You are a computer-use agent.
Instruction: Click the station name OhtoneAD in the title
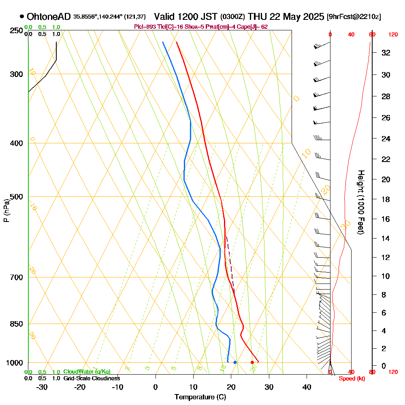49,17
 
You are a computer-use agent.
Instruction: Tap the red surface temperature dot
252,362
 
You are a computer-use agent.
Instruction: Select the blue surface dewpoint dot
235,362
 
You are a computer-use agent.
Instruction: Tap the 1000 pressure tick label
14,363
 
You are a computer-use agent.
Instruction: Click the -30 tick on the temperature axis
42,386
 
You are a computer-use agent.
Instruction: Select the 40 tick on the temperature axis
307,386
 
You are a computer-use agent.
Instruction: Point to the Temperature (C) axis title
200,397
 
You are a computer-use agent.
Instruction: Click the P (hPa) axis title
6,210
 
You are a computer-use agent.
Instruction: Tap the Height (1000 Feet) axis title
360,202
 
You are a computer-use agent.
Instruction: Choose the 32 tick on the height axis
386,53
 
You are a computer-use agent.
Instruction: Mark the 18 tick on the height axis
386,199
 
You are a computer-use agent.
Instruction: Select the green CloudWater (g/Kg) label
87,372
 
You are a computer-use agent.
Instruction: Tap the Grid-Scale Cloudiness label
91,378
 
